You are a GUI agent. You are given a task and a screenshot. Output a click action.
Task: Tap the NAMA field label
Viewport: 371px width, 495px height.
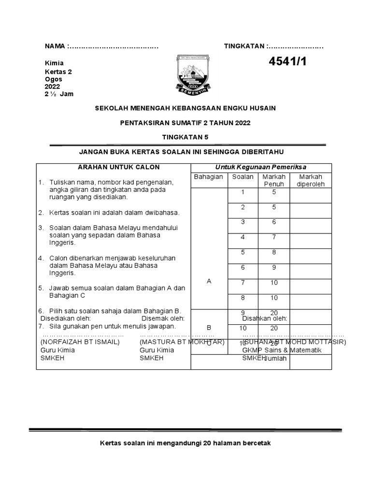[x=56, y=46]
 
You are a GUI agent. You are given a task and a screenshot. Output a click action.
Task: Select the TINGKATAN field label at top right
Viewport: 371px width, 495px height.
[x=244, y=46]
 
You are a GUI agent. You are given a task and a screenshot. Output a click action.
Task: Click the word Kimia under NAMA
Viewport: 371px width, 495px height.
[x=54, y=63]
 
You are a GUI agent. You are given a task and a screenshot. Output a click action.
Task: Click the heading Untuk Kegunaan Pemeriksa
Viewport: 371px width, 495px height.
[x=261, y=167]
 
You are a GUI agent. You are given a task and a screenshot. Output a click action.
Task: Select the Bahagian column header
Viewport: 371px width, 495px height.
[x=208, y=177]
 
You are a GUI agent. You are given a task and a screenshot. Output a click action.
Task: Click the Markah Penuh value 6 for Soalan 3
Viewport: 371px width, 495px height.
[x=274, y=222]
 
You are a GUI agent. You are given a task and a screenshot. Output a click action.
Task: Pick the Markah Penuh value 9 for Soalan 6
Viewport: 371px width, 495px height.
[x=274, y=267]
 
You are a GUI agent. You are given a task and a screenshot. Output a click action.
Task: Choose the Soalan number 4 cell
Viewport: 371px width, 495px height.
[x=243, y=237]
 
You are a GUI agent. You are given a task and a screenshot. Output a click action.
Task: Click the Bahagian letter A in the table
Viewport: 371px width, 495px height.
[x=209, y=281]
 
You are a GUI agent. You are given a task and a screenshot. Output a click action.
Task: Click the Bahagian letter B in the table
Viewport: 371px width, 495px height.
[x=209, y=328]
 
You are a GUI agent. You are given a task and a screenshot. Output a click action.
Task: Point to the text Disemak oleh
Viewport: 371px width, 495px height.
[x=163, y=319]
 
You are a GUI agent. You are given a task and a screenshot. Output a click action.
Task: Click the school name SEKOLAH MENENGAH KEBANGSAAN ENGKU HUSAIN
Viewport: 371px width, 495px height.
[x=185, y=108]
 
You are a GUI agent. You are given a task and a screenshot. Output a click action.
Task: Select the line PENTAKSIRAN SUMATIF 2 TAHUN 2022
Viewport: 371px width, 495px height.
[x=185, y=123]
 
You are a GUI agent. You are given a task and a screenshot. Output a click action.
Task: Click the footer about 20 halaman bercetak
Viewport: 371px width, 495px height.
[x=185, y=443]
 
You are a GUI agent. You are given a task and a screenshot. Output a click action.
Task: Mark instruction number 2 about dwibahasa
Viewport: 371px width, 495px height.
[x=114, y=212]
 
